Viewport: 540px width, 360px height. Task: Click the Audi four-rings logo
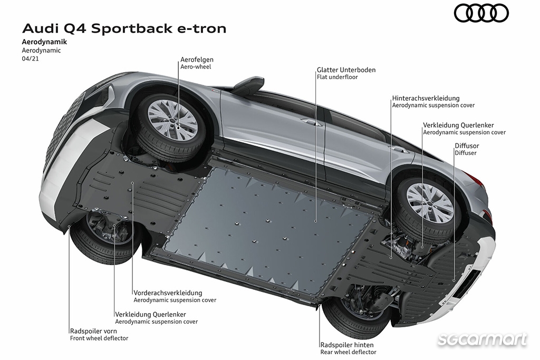click(481, 13)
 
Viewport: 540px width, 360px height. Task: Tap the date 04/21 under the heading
click(30, 59)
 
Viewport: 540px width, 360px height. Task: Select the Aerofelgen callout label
click(197, 60)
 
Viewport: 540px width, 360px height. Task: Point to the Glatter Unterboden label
click(346, 70)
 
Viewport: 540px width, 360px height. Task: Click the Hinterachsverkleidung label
click(426, 99)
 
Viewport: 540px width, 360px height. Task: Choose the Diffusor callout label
click(467, 145)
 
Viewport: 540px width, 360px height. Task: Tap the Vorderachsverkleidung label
click(168, 293)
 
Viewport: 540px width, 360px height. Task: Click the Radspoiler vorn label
click(91, 331)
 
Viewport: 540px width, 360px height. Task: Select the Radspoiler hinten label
click(347, 345)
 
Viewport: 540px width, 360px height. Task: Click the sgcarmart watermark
click(482, 339)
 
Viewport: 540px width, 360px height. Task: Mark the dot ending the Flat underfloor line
click(316, 221)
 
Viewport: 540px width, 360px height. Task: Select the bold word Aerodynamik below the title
click(44, 42)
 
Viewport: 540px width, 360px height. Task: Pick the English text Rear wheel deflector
click(348, 352)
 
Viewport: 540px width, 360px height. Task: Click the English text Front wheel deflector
click(99, 338)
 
